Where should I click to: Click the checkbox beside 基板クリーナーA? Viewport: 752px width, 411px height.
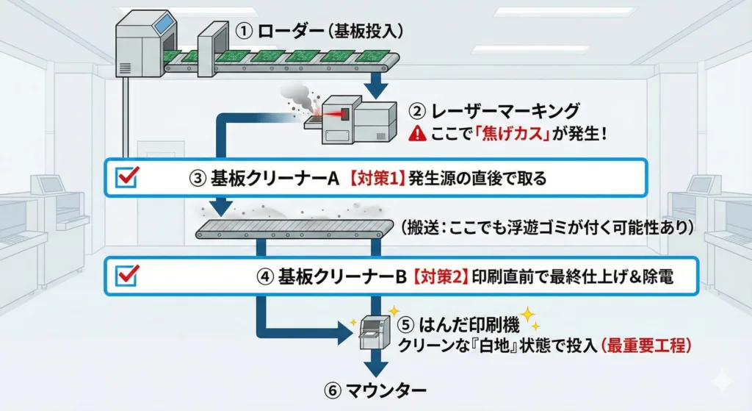click(x=129, y=176)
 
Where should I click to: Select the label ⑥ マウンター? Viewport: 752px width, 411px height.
click(x=375, y=388)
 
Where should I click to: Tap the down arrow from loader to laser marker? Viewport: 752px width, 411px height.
click(x=377, y=85)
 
